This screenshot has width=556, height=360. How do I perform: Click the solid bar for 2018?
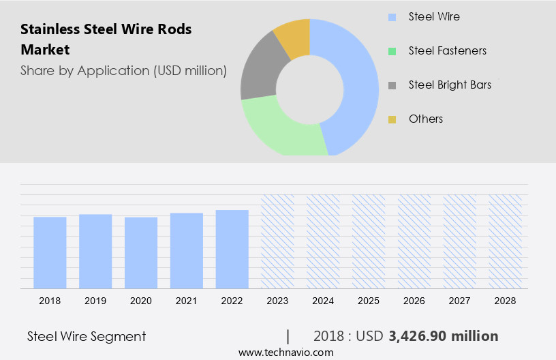pos(50,252)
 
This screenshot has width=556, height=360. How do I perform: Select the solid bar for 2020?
pos(141,252)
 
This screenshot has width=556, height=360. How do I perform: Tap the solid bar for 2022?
pos(232,249)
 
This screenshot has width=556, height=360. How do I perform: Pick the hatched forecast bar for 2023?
pos(278,241)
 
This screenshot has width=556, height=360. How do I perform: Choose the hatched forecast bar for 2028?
pos(506,241)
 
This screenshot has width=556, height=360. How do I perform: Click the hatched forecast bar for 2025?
pos(369,241)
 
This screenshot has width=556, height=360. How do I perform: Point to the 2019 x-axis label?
pos(95,300)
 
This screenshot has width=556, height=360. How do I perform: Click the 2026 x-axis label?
pos(414,300)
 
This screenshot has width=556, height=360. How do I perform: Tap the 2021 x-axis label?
pos(187,300)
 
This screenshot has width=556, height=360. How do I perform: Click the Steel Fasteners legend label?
pos(447,50)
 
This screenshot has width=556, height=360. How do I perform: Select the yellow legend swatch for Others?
pos(392,119)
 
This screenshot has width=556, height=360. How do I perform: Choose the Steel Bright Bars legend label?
pos(450,85)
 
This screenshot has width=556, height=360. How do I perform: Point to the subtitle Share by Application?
pos(123,70)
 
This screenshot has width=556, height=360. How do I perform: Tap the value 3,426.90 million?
pos(443,336)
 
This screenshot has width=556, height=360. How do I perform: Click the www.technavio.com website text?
pos(285,352)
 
